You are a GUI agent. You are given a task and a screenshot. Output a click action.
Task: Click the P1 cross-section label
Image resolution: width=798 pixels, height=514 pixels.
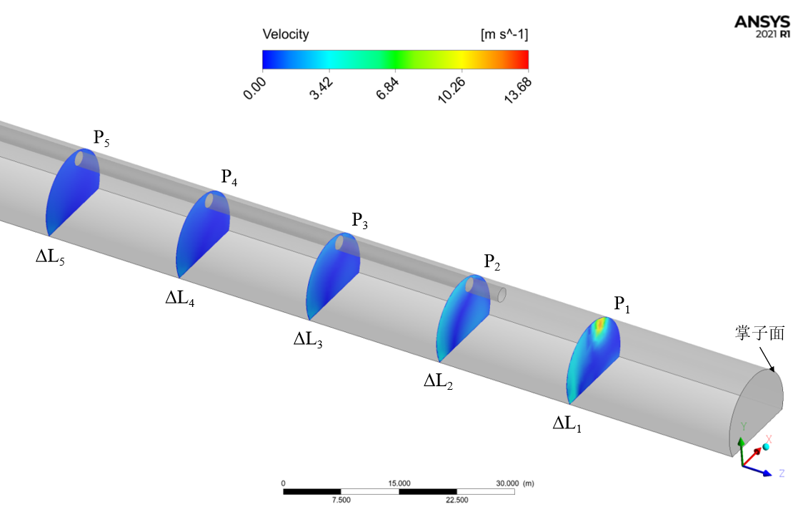tap(622, 304)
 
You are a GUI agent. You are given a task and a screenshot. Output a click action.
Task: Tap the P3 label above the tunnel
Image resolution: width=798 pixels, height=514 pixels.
tap(360, 220)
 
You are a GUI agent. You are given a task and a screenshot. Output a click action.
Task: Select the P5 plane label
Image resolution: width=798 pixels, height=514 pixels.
tap(101, 137)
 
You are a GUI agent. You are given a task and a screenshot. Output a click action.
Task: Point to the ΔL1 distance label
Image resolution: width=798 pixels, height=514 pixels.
tap(567, 423)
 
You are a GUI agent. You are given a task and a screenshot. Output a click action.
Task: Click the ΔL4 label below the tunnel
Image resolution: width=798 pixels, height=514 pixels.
tap(179, 298)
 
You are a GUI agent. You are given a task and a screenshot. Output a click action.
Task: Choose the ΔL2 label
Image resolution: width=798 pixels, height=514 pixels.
tap(438, 381)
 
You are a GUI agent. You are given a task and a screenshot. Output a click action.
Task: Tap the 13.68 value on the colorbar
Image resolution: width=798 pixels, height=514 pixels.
tap(518, 91)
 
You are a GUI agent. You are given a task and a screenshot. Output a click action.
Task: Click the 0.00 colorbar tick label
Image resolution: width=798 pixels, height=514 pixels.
tap(254, 89)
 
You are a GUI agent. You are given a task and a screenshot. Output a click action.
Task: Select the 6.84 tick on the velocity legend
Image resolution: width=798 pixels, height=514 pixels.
tap(387, 89)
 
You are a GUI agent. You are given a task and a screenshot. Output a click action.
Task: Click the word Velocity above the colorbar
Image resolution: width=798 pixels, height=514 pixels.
tap(286, 34)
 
